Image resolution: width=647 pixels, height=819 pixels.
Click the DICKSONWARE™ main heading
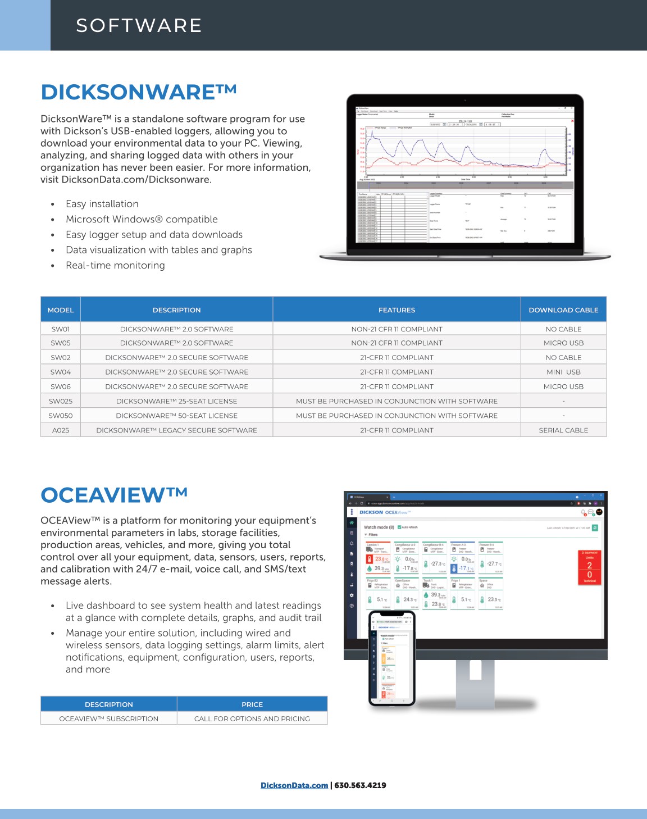[139, 93]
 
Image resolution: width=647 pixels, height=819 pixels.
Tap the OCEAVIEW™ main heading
[114, 495]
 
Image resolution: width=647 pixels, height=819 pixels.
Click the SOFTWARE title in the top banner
[139, 25]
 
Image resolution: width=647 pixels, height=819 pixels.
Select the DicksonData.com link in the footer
[294, 785]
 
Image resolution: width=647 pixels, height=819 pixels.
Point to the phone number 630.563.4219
[360, 785]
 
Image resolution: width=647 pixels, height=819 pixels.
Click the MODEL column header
[61, 310]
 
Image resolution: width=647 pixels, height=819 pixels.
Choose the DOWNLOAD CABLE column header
[563, 310]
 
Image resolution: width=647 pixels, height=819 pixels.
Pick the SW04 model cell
[61, 372]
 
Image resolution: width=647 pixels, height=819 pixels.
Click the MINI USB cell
[563, 372]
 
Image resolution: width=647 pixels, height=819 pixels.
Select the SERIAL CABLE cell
[563, 430]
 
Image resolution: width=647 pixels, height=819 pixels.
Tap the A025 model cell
[61, 430]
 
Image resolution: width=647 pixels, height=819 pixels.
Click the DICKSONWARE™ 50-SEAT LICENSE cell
[176, 416]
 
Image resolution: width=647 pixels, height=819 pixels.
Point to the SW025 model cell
[61, 401]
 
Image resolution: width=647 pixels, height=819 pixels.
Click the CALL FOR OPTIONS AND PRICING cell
[252, 718]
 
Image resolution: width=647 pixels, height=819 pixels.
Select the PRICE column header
[252, 704]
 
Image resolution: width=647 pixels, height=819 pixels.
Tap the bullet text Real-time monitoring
[115, 265]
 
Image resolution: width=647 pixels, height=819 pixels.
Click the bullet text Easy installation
[102, 204]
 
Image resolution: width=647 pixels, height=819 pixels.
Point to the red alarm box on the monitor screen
[589, 567]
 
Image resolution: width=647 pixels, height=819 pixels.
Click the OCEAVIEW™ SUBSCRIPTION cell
[108, 718]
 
